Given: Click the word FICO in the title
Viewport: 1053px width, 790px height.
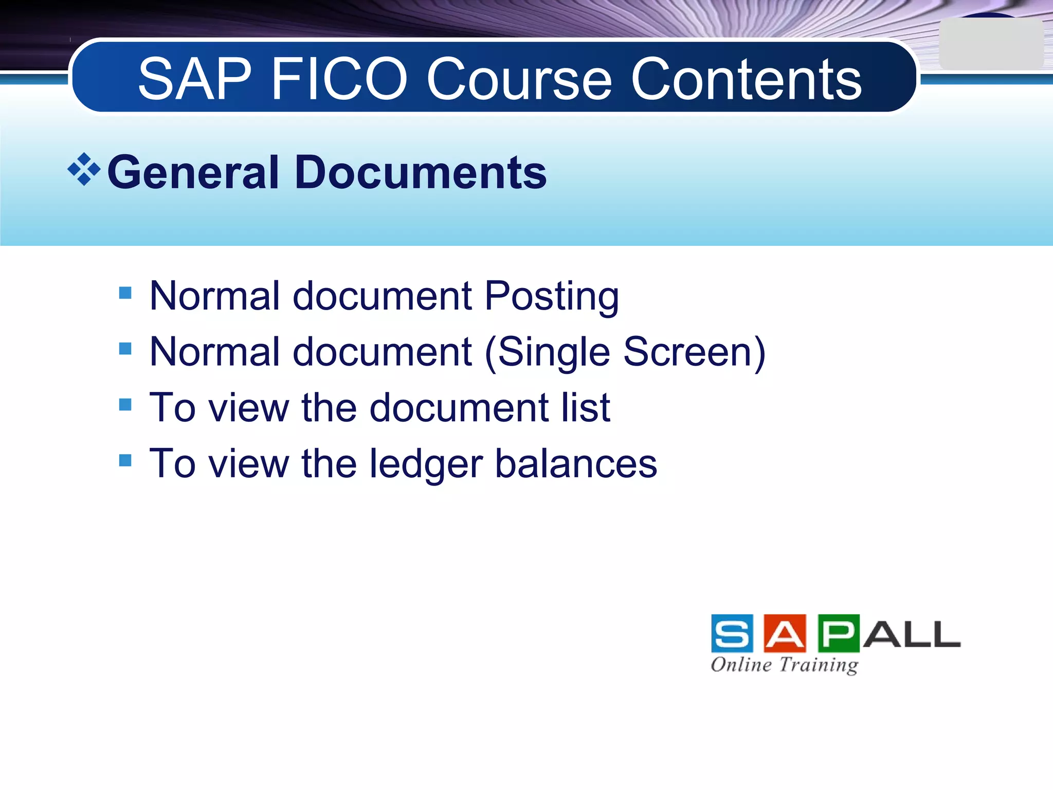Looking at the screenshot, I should (x=339, y=80).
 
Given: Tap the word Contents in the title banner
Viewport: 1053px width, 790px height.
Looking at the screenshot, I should (x=746, y=80).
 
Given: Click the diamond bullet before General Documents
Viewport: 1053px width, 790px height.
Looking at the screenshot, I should (x=84, y=169).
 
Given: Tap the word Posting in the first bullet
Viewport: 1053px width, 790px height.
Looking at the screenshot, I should (x=552, y=297).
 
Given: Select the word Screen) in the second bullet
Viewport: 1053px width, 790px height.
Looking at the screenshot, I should (x=694, y=352).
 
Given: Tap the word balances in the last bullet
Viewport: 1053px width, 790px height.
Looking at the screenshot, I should (x=576, y=463).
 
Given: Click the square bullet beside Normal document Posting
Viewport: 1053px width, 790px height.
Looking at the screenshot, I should (x=125, y=293).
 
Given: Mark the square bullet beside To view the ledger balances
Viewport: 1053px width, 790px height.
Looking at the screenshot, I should (x=125, y=460).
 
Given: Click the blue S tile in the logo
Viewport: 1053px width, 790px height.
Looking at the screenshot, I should (x=732, y=633).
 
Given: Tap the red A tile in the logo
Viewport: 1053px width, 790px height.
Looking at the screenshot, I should (x=785, y=633).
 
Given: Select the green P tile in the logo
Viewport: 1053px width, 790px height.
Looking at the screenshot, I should (x=838, y=633).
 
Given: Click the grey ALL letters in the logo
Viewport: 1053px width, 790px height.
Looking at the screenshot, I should (x=912, y=634).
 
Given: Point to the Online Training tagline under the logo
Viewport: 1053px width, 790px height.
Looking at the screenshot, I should (x=785, y=665).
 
